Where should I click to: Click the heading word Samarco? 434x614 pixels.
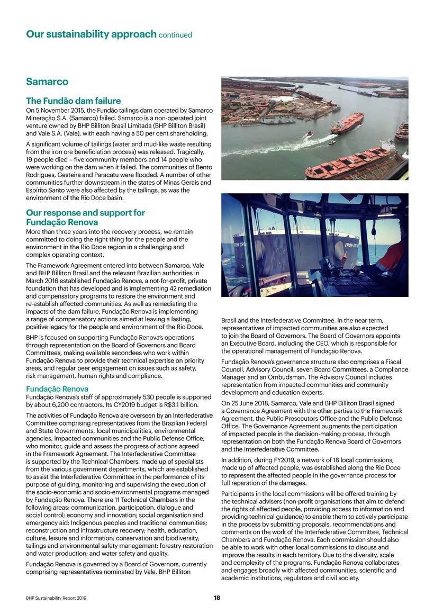(x=47, y=83)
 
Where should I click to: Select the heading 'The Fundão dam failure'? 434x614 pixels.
(x=74, y=101)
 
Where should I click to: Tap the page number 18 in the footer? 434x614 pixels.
(x=217, y=598)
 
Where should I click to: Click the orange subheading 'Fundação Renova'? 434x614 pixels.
(x=58, y=389)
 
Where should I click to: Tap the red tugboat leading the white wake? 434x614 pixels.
(x=309, y=134)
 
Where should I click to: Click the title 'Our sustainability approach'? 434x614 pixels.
(x=91, y=35)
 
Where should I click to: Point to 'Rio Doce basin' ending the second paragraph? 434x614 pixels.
(x=101, y=198)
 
